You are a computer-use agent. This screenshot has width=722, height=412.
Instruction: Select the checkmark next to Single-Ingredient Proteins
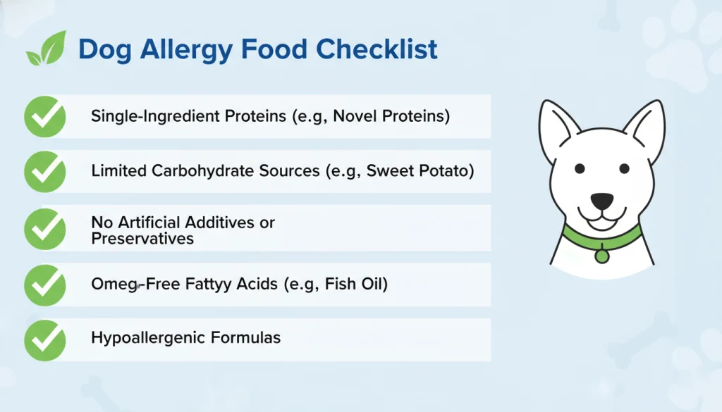45,116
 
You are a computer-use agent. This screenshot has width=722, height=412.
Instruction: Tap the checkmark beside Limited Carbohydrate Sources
45,171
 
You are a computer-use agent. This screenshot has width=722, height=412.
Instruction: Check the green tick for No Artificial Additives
45,228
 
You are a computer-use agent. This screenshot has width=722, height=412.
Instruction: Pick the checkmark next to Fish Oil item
45,285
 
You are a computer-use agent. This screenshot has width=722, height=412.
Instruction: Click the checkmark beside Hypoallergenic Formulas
45,339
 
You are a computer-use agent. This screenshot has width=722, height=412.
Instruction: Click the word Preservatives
142,239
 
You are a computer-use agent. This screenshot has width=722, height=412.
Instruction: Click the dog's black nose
601,201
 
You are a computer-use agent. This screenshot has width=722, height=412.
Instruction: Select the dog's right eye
625,169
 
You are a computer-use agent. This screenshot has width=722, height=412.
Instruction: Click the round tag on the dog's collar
601,255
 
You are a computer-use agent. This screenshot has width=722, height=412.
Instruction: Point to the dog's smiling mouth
601,218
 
